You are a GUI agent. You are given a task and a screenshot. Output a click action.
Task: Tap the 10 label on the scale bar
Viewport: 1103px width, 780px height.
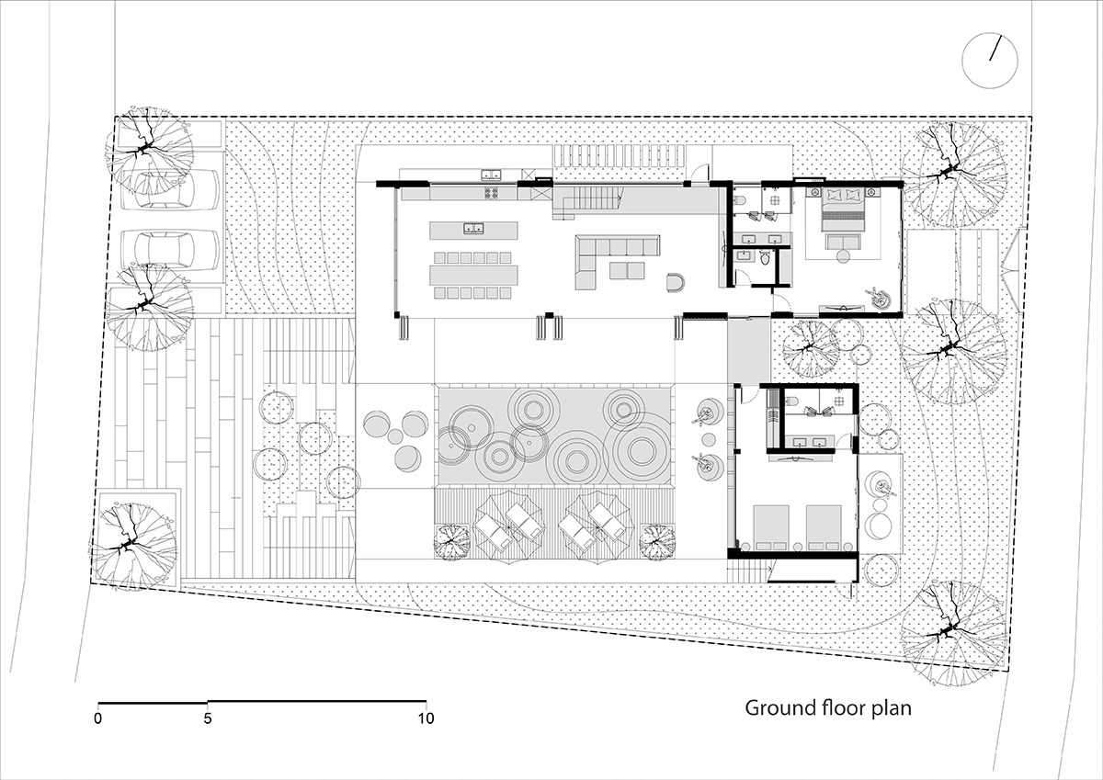426,718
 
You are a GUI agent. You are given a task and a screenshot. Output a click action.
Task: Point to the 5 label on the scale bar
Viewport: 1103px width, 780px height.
208,718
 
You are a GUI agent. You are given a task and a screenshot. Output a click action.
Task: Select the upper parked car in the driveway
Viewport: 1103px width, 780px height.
170,190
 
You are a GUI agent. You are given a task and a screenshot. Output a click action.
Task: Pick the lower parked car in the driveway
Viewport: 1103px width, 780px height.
170,250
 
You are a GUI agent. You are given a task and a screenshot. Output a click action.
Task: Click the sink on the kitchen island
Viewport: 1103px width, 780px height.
473,228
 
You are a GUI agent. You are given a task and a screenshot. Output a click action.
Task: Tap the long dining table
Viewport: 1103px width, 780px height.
473,275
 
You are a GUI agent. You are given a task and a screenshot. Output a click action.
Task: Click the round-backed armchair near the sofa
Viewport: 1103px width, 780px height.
675,282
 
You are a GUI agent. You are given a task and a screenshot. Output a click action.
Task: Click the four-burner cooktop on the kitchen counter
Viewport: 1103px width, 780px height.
492,193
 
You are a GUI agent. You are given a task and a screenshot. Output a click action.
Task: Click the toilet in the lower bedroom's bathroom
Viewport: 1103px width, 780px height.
791,401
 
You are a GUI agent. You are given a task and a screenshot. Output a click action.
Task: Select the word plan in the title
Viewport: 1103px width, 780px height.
892,709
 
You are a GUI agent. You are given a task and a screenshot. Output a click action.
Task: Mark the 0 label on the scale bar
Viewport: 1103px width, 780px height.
98,718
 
